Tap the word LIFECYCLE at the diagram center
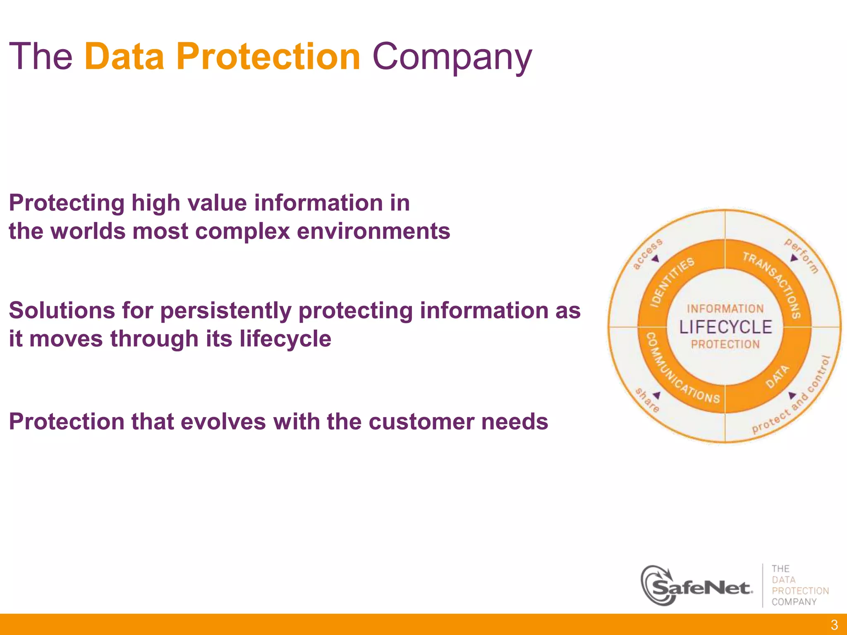(x=725, y=327)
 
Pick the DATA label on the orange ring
(x=777, y=377)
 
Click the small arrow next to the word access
(x=656, y=259)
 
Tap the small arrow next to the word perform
(x=794, y=258)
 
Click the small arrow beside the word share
(x=657, y=395)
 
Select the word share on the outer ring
(x=647, y=400)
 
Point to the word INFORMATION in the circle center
(x=725, y=309)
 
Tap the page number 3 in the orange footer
(x=834, y=624)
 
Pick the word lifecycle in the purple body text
(x=285, y=339)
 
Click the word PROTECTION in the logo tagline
(x=800, y=591)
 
